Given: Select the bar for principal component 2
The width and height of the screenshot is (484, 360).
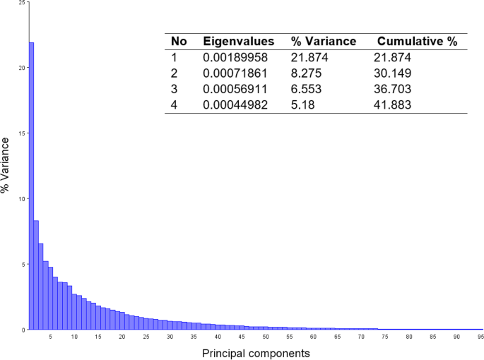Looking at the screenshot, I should pos(36,275).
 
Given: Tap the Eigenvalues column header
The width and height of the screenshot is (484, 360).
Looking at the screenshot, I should pos(238,42).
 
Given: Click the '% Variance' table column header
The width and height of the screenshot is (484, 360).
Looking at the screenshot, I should pos(324,42).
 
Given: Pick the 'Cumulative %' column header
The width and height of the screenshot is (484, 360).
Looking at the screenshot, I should pos(417,42).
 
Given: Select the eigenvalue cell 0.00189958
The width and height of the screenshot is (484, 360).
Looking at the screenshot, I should pos(236,59).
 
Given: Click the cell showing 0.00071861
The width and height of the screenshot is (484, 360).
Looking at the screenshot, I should pos(236,74).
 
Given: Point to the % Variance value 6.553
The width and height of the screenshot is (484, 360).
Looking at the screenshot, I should pos(307,90).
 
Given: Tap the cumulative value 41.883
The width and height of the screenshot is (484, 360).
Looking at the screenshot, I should pos(393,105).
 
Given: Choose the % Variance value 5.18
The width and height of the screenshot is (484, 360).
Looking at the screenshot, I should pos(303,105).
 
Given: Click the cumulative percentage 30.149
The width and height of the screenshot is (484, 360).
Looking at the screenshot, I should pos(393,74).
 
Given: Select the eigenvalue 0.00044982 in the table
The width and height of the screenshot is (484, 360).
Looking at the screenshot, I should pos(236,105).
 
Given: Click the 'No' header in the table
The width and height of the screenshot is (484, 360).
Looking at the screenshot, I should pos(179,42).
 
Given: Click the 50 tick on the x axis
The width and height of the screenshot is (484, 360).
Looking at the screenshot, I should pos(266,337).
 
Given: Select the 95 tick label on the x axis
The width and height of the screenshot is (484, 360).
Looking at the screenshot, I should pos(480,337).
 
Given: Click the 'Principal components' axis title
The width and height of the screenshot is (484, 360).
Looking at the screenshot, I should pos(256,352).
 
